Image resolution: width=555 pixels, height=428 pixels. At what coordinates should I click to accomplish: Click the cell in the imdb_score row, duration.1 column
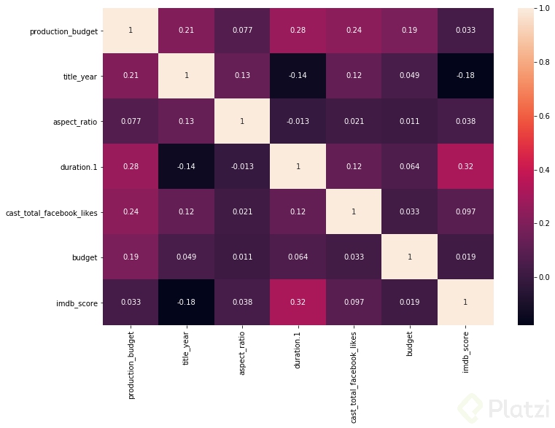(298, 302)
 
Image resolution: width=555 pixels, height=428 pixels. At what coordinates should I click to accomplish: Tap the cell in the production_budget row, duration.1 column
(298, 31)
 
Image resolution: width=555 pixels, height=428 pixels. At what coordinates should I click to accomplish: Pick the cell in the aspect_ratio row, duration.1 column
(298, 121)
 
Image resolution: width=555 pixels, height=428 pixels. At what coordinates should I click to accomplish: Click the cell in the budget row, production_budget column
(131, 257)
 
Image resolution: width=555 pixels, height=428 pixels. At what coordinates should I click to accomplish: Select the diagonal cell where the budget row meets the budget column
(409, 257)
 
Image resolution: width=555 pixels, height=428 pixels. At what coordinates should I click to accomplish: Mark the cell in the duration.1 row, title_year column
(186, 166)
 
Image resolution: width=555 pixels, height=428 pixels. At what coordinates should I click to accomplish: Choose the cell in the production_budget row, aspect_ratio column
(242, 31)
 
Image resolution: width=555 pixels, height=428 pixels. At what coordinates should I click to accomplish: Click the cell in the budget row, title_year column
(186, 257)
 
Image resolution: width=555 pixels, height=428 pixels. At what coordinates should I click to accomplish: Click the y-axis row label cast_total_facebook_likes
(50, 212)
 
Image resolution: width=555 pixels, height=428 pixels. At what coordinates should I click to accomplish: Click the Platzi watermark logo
(504, 407)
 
